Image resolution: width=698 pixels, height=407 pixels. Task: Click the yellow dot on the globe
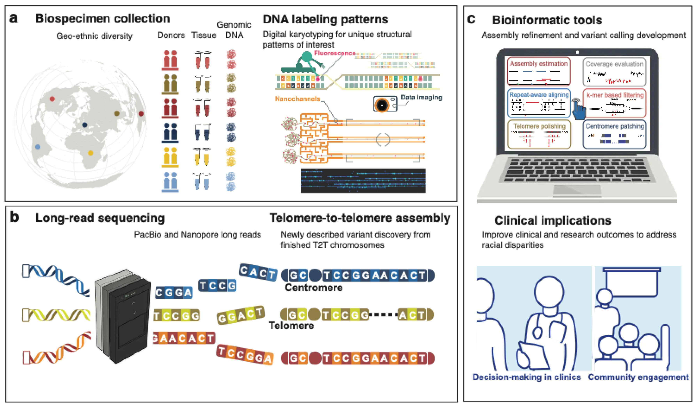pyautogui.click(x=90, y=153)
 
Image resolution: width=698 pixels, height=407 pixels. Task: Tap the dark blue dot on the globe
pyautogui.click(x=85, y=125)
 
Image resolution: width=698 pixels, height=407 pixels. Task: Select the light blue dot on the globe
pyautogui.click(x=38, y=147)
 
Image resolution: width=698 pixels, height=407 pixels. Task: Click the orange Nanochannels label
pyautogui.click(x=297, y=99)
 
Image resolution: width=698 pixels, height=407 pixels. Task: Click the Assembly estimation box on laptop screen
pyautogui.click(x=539, y=71)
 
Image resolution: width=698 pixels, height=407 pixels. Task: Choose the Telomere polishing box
pyautogui.click(x=539, y=134)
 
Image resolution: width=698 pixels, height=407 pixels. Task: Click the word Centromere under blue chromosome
pyautogui.click(x=314, y=288)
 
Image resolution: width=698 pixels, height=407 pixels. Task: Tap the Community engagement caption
pyautogui.click(x=638, y=377)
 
